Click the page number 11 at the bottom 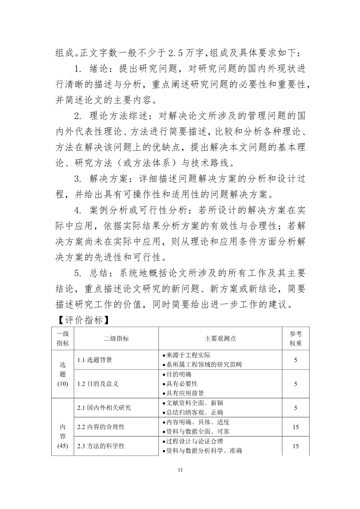[180, 470]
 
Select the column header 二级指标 [116, 338]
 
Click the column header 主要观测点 [220, 338]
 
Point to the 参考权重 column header [296, 338]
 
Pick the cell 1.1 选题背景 [95, 360]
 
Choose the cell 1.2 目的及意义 [98, 384]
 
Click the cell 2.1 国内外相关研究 [104, 408]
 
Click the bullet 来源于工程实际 [188, 355]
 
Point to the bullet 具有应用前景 [185, 393]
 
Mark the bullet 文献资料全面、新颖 [194, 403]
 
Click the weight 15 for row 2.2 [296, 427]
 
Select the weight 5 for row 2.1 [296, 408]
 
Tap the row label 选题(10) [63, 374]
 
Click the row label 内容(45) [63, 436]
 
